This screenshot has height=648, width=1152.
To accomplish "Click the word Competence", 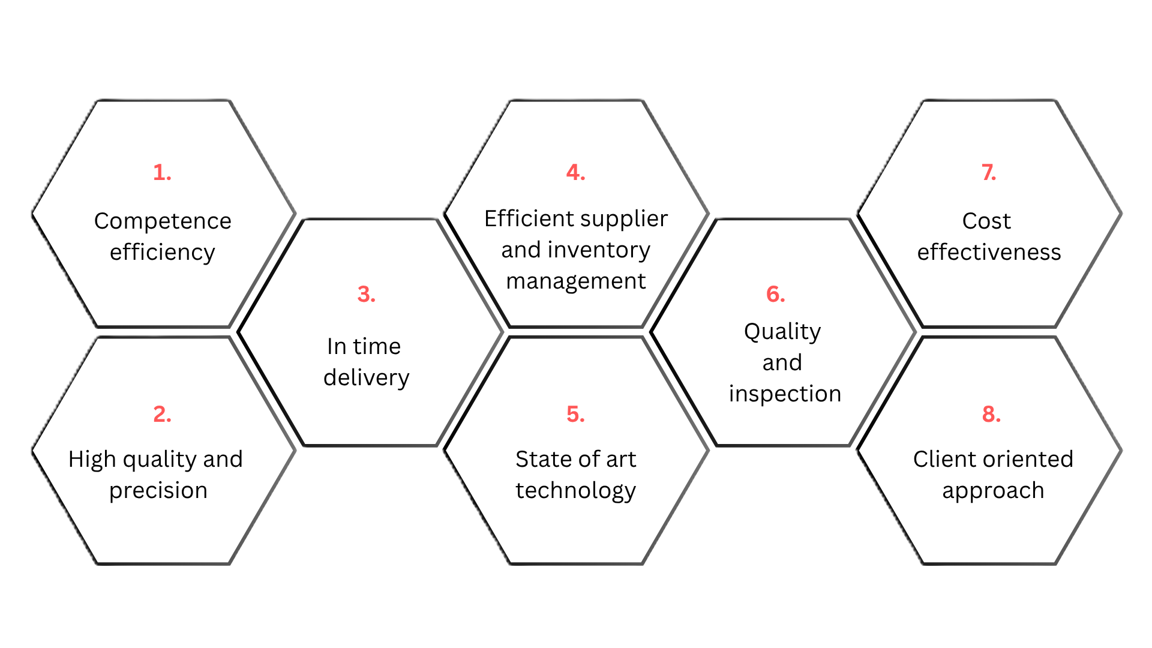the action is click(163, 221).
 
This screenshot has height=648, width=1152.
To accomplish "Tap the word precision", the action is click(158, 491).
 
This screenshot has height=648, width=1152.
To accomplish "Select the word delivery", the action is click(367, 378).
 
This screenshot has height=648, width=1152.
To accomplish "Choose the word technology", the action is click(576, 491).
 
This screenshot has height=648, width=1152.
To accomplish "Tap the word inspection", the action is click(785, 394).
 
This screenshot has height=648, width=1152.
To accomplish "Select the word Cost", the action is click(986, 221).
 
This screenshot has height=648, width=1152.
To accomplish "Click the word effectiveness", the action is click(989, 253).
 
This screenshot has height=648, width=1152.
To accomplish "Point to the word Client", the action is click(942, 460).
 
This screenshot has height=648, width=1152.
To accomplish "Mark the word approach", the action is click(993, 491).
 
